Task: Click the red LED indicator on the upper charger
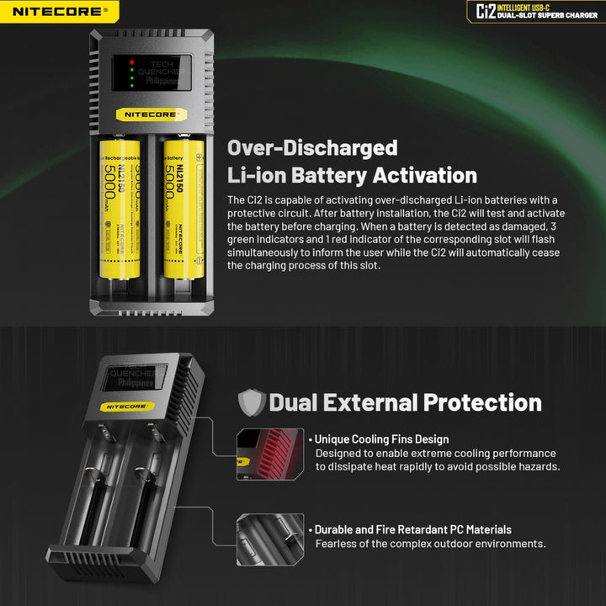[131, 63]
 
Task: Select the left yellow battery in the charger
[121, 210]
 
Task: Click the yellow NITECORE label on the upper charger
[152, 112]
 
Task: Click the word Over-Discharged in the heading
[312, 148]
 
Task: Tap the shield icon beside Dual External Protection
[252, 402]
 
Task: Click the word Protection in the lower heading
[482, 402]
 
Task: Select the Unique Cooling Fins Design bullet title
[381, 439]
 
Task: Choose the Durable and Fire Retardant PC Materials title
[412, 529]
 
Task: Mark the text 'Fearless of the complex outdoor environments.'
[430, 544]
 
